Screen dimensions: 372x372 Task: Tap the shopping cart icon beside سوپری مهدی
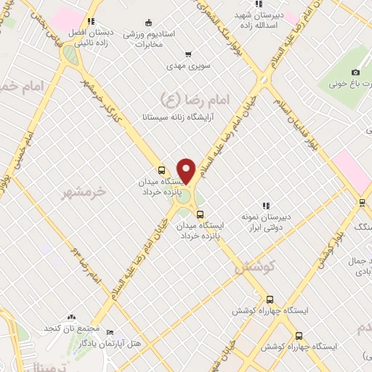pos(188,54)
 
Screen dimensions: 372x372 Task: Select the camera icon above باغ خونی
pos(355,72)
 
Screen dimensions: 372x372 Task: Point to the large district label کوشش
pos(257,266)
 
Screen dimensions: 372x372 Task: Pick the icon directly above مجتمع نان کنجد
pos(71,318)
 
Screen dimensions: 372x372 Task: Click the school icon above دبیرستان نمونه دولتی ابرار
pos(265,206)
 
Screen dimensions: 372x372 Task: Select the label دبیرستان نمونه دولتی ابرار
pos(266,222)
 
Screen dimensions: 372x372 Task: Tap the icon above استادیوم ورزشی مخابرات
pos(149,22)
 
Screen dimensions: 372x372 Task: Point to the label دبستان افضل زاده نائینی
pos(91,38)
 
